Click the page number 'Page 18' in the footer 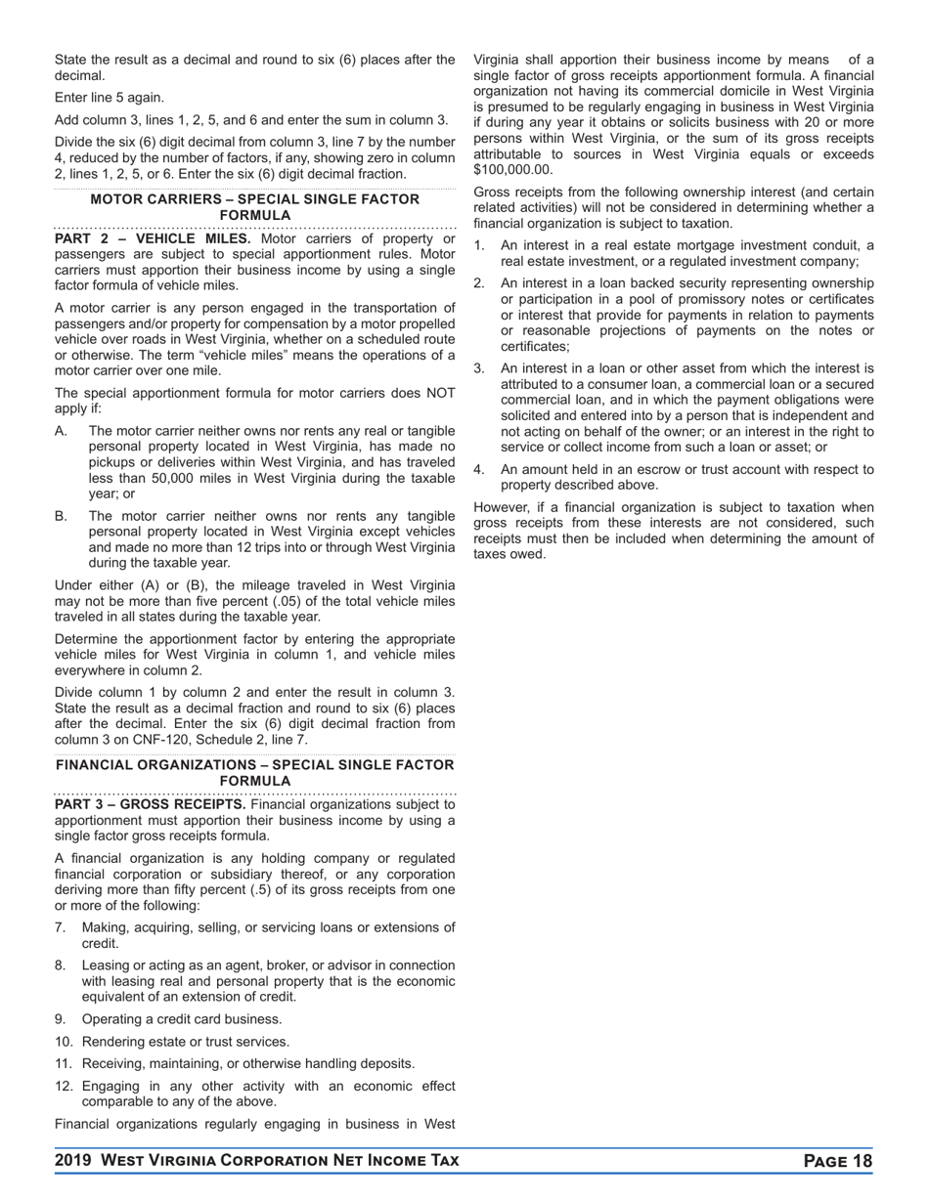837,1161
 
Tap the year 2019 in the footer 74,1161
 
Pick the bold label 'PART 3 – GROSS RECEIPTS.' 151,804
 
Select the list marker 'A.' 62,431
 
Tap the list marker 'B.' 62,516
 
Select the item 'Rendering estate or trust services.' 185,1042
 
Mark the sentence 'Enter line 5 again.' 110,98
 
